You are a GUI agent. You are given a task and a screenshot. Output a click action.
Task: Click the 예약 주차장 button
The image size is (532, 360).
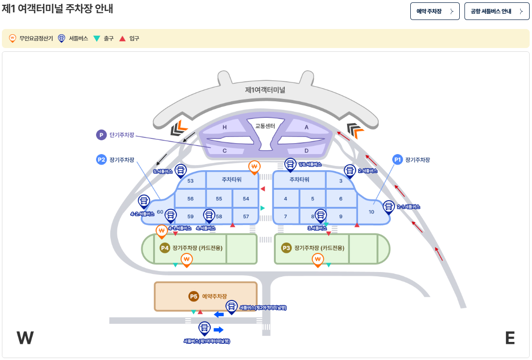435,11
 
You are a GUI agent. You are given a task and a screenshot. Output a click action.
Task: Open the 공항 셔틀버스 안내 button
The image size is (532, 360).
496,11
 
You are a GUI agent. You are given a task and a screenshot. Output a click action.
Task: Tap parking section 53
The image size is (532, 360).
191,181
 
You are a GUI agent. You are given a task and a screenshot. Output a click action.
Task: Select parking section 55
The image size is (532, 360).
219,198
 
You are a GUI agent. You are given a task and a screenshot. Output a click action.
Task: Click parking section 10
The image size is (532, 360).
372,212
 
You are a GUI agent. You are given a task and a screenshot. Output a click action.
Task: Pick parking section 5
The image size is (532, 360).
313,198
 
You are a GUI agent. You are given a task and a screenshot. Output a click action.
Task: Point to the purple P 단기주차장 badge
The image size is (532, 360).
101,135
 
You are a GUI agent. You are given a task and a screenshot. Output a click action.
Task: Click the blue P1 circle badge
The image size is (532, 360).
397,160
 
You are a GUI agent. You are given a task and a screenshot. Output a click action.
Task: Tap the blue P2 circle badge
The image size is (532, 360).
101,160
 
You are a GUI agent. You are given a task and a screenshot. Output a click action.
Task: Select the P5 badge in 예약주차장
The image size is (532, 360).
193,296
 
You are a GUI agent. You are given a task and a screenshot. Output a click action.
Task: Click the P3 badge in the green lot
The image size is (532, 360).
286,248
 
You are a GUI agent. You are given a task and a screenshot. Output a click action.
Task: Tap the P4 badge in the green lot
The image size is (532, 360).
164,248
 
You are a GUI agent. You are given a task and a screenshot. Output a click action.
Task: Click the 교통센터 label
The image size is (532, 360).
265,126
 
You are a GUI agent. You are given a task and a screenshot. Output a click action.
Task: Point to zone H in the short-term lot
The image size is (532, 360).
224,127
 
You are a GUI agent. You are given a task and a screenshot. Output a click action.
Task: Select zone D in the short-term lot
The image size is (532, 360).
307,151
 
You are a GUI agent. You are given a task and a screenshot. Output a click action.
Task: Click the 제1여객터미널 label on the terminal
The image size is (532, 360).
265,89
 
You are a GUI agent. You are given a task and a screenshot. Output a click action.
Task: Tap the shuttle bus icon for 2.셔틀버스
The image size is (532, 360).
350,170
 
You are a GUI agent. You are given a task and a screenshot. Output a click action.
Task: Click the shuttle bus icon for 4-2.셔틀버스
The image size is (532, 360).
144,202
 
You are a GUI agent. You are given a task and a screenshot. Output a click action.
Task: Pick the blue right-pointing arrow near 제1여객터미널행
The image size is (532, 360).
219,330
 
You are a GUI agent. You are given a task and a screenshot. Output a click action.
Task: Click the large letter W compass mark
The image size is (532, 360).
25,338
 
